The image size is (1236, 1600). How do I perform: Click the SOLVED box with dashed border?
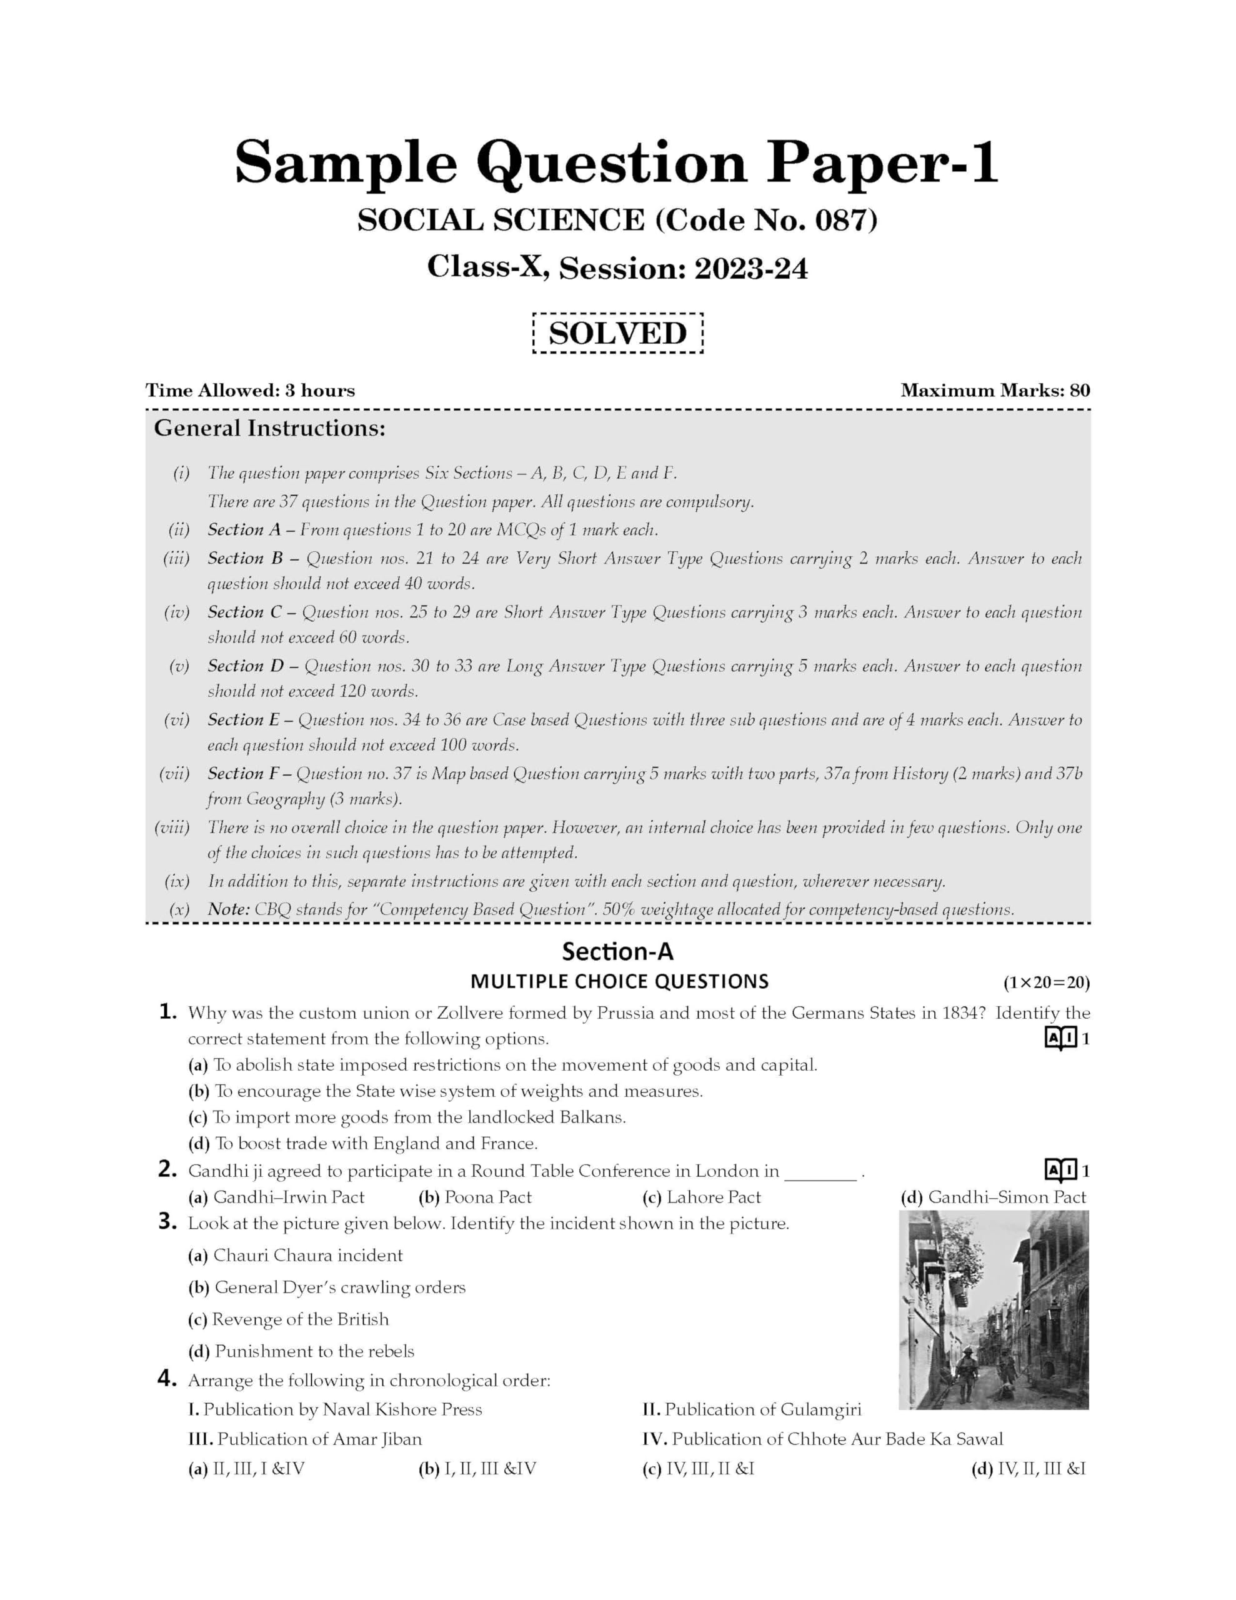[x=617, y=333]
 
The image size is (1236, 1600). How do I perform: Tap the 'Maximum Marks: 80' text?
[x=995, y=391]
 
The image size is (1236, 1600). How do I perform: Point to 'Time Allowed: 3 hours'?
[x=250, y=391]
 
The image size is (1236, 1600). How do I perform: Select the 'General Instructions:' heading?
[x=269, y=428]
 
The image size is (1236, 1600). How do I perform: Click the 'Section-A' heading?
[x=617, y=952]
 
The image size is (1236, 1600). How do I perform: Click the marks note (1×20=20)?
[x=1046, y=982]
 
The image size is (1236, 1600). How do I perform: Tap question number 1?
[x=168, y=1012]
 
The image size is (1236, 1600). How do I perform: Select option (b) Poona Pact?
[x=475, y=1197]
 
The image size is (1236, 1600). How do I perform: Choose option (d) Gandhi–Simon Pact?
[x=993, y=1197]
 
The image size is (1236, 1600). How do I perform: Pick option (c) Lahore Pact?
[x=701, y=1197]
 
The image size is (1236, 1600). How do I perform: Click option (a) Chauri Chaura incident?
[x=296, y=1255]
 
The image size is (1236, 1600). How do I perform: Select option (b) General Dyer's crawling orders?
[x=327, y=1287]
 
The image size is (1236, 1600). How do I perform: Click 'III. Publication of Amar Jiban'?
[x=305, y=1439]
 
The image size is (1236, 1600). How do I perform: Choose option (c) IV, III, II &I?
[x=697, y=1468]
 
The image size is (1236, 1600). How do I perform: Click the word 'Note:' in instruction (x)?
[x=229, y=909]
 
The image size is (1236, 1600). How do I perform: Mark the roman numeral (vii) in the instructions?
[x=174, y=774]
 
